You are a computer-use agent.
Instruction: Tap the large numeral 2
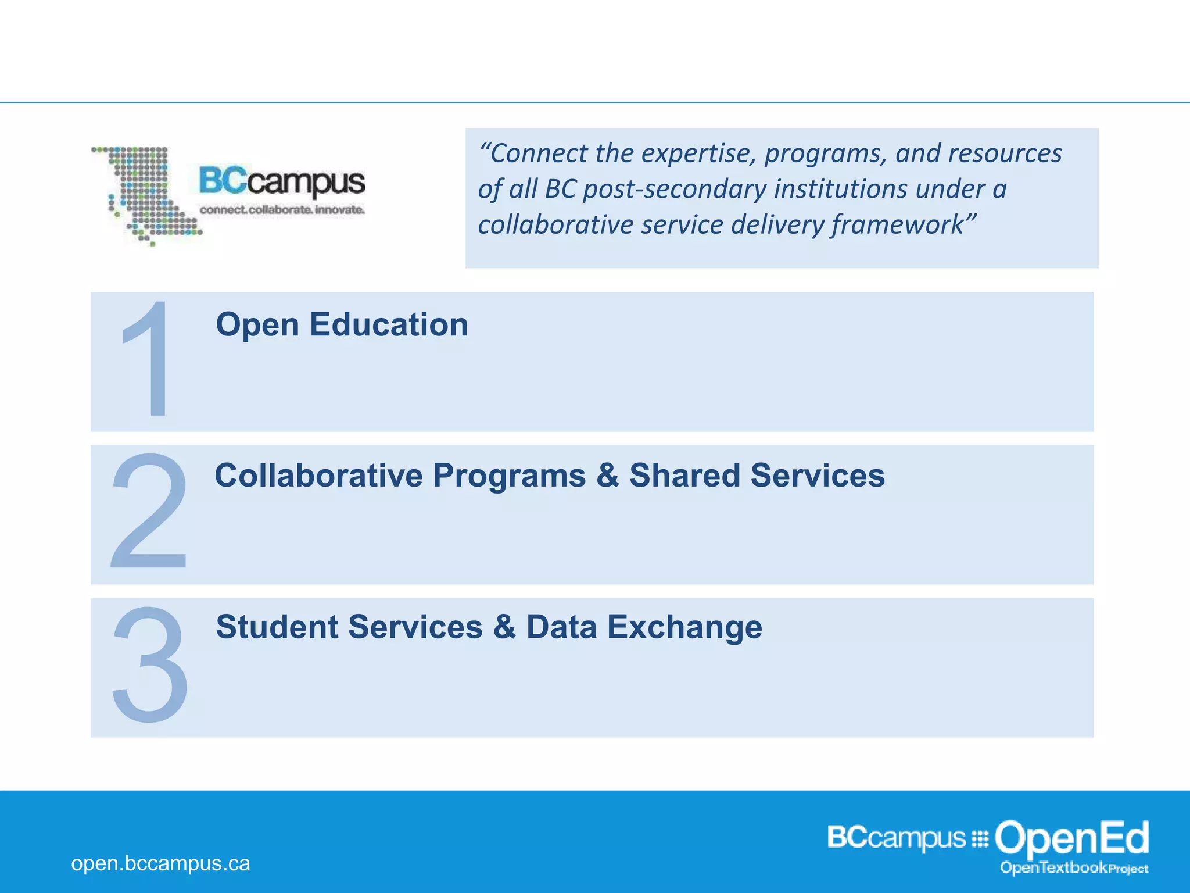tap(149, 511)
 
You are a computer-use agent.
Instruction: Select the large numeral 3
tap(150, 664)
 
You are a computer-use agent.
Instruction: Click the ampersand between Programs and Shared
tap(607, 476)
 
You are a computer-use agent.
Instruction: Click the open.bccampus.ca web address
tap(160, 863)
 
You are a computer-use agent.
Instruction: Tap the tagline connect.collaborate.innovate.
tap(282, 209)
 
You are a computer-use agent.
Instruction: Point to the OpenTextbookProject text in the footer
tap(1074, 868)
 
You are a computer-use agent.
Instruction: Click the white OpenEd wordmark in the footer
tap(1071, 838)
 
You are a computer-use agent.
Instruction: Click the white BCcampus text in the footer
tap(896, 838)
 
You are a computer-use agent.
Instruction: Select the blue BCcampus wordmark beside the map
tap(282, 181)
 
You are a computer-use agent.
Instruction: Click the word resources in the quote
tap(1005, 153)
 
